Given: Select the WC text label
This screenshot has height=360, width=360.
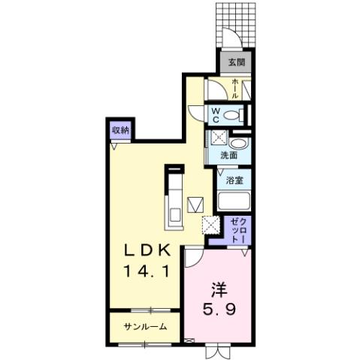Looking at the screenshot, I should (x=215, y=116).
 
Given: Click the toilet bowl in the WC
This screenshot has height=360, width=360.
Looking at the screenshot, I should (x=235, y=116).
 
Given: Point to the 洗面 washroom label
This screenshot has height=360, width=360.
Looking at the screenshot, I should (x=228, y=156).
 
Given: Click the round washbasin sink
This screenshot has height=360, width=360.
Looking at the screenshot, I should (x=238, y=143).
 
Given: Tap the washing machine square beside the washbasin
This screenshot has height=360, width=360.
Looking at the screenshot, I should (x=218, y=138).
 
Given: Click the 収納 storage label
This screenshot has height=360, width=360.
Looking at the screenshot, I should (x=120, y=130).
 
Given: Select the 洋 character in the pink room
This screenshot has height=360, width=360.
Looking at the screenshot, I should (x=218, y=288).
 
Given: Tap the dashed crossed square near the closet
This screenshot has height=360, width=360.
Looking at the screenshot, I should (x=210, y=225).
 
